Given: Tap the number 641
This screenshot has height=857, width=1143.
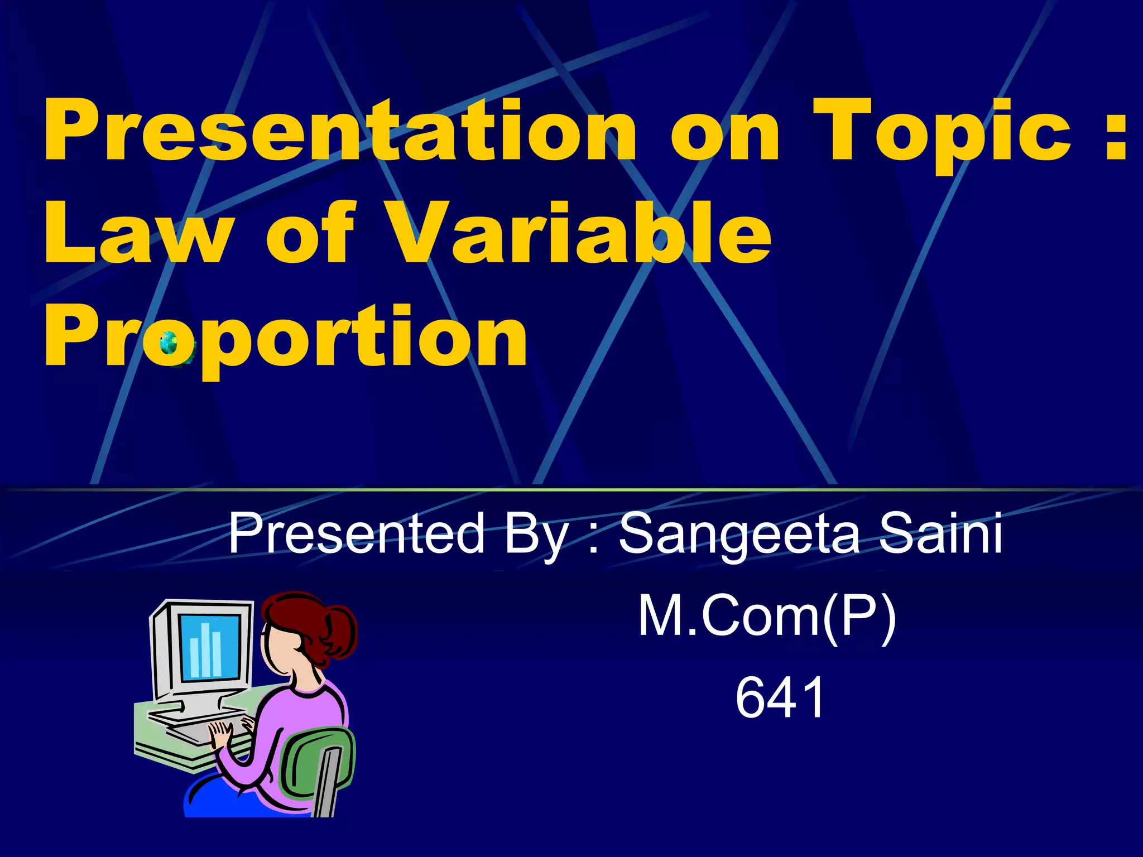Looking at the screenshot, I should [779, 697].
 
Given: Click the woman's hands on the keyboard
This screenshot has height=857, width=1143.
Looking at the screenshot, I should [223, 731].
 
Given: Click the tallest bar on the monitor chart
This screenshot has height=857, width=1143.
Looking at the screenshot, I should [205, 647].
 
